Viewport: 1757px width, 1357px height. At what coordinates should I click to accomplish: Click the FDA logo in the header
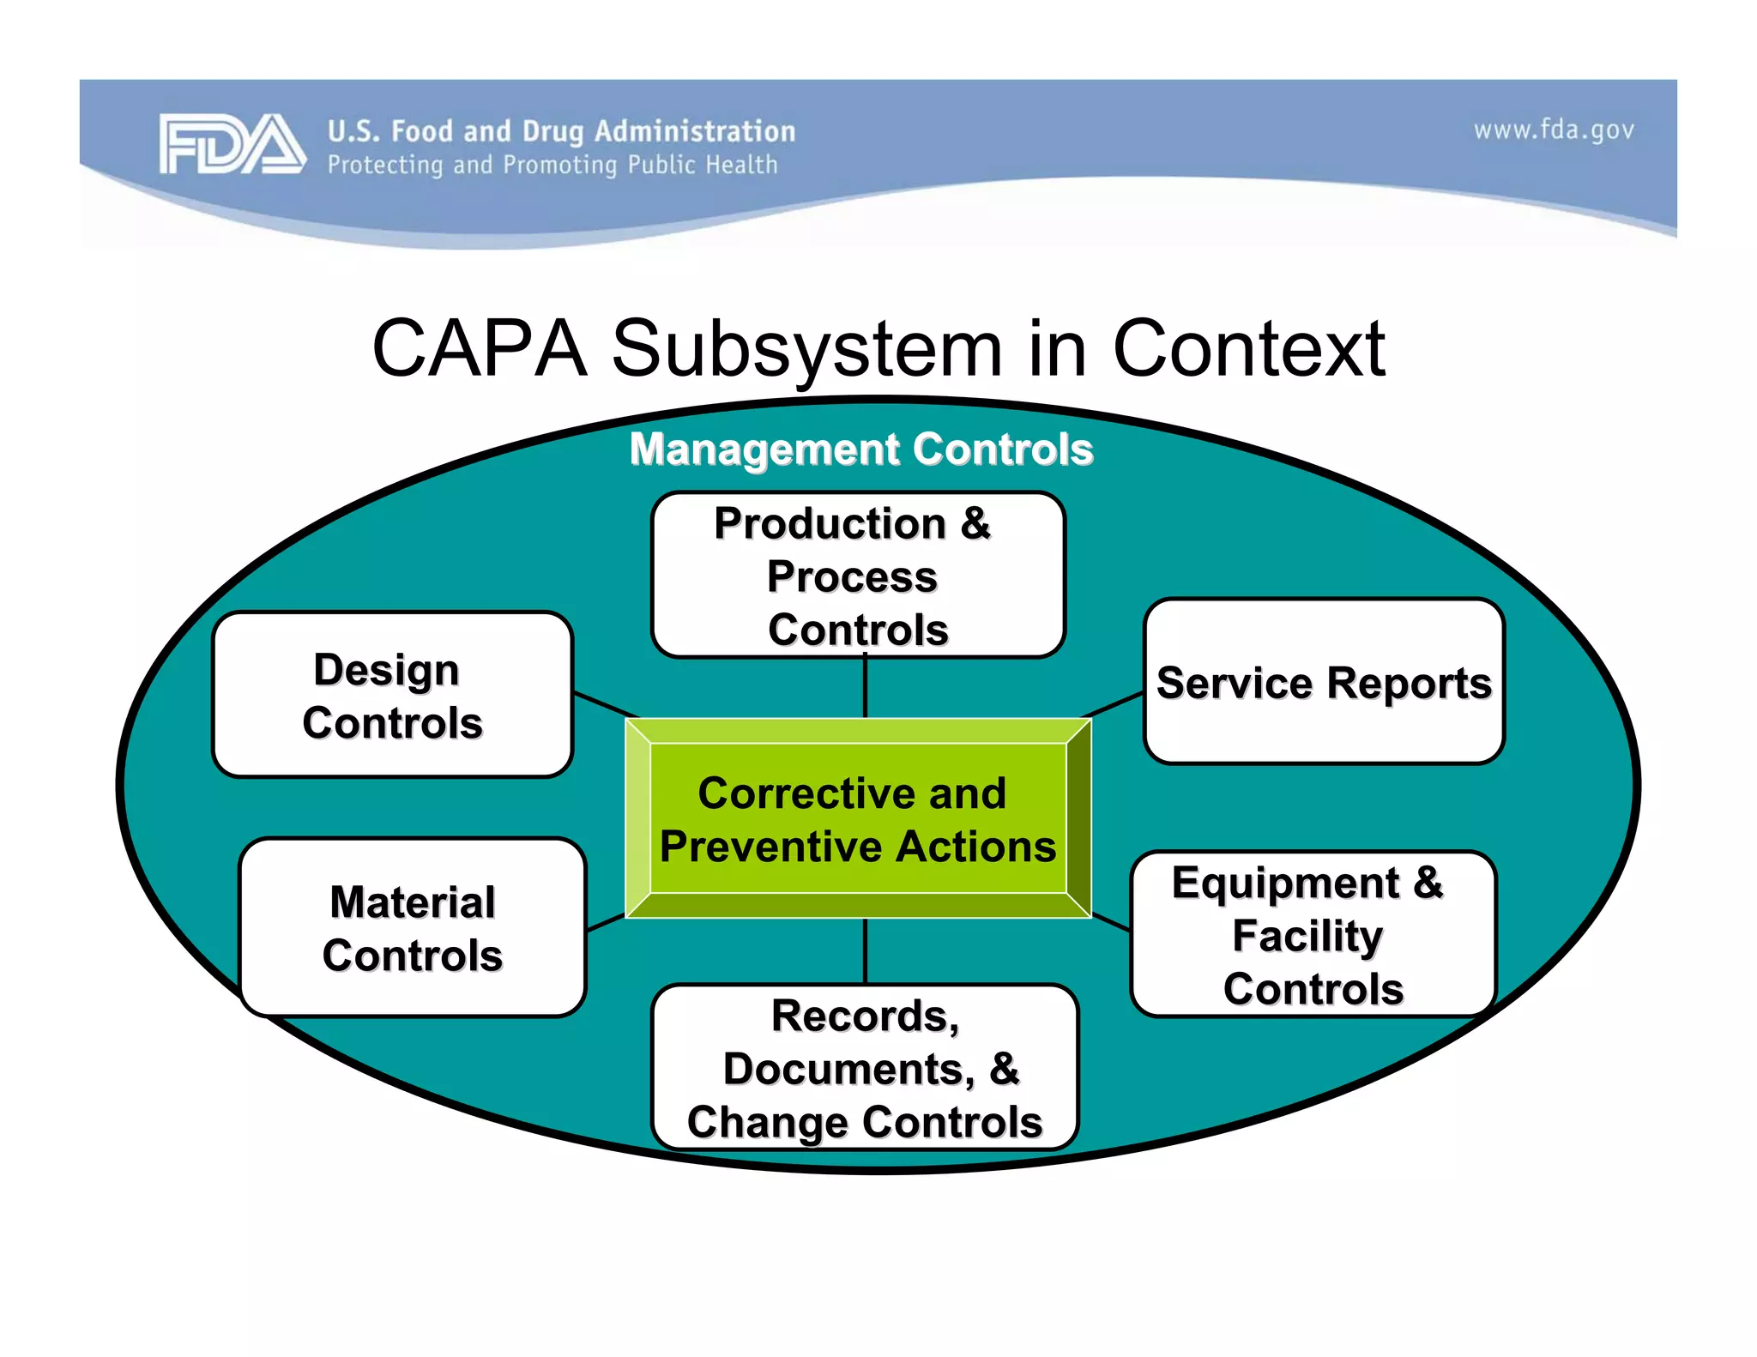click(x=231, y=143)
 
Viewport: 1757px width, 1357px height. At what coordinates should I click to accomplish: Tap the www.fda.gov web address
click(x=1554, y=130)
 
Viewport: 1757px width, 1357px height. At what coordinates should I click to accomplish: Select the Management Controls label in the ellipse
click(x=860, y=449)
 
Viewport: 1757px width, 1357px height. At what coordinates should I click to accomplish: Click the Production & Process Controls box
click(x=858, y=575)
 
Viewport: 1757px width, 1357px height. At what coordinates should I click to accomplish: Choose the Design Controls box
click(x=392, y=695)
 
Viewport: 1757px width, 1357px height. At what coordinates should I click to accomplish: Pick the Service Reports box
click(x=1324, y=682)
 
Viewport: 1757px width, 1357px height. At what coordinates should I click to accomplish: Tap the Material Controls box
click(x=413, y=928)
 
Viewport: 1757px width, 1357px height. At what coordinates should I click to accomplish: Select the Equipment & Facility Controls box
click(x=1313, y=935)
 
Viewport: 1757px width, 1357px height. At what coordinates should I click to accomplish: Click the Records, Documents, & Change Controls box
click(x=865, y=1068)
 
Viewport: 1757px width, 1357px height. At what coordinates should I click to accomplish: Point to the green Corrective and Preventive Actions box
click(x=858, y=819)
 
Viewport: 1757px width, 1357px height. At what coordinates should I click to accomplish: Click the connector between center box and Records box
click(x=865, y=950)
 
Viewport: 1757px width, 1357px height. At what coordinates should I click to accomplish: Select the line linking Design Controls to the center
click(x=605, y=704)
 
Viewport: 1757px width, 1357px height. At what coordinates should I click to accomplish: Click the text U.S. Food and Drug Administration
click(x=561, y=131)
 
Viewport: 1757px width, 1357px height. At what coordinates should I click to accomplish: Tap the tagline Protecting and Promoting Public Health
click(x=552, y=165)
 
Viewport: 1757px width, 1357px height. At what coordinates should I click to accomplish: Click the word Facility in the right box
click(x=1307, y=936)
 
